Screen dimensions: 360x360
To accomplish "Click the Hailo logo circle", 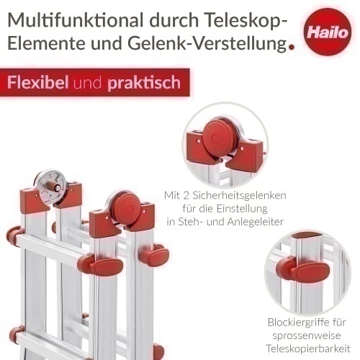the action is coord(328,32).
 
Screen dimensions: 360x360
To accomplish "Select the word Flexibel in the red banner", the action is coord(38,82).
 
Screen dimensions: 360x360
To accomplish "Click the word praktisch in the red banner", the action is coord(144,83).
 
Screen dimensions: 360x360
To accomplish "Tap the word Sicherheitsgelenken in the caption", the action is coord(239,196).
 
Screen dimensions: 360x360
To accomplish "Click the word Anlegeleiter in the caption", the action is coord(256,222).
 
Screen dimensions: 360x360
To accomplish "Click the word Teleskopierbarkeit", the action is coord(308,348).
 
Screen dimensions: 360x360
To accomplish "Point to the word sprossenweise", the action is coord(307,336).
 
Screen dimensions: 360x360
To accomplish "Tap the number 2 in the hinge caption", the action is coord(186,196).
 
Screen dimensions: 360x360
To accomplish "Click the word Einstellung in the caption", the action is coord(242,209).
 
